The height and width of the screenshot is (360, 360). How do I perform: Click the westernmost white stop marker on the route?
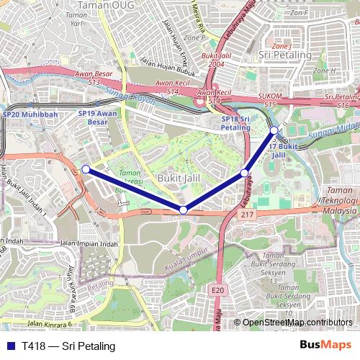86,169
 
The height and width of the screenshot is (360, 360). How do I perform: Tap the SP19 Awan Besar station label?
97,117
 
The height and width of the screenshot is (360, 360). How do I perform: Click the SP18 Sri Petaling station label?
235,122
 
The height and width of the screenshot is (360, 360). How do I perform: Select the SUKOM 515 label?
270,100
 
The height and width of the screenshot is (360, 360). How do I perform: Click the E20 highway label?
218,289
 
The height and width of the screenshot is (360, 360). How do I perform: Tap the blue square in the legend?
10,346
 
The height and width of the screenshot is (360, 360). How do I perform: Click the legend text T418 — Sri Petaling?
68,346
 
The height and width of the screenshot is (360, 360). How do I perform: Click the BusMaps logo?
325,346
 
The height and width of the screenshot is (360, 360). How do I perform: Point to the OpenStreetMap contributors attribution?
297,323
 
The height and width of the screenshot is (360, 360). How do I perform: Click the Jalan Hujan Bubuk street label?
168,71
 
